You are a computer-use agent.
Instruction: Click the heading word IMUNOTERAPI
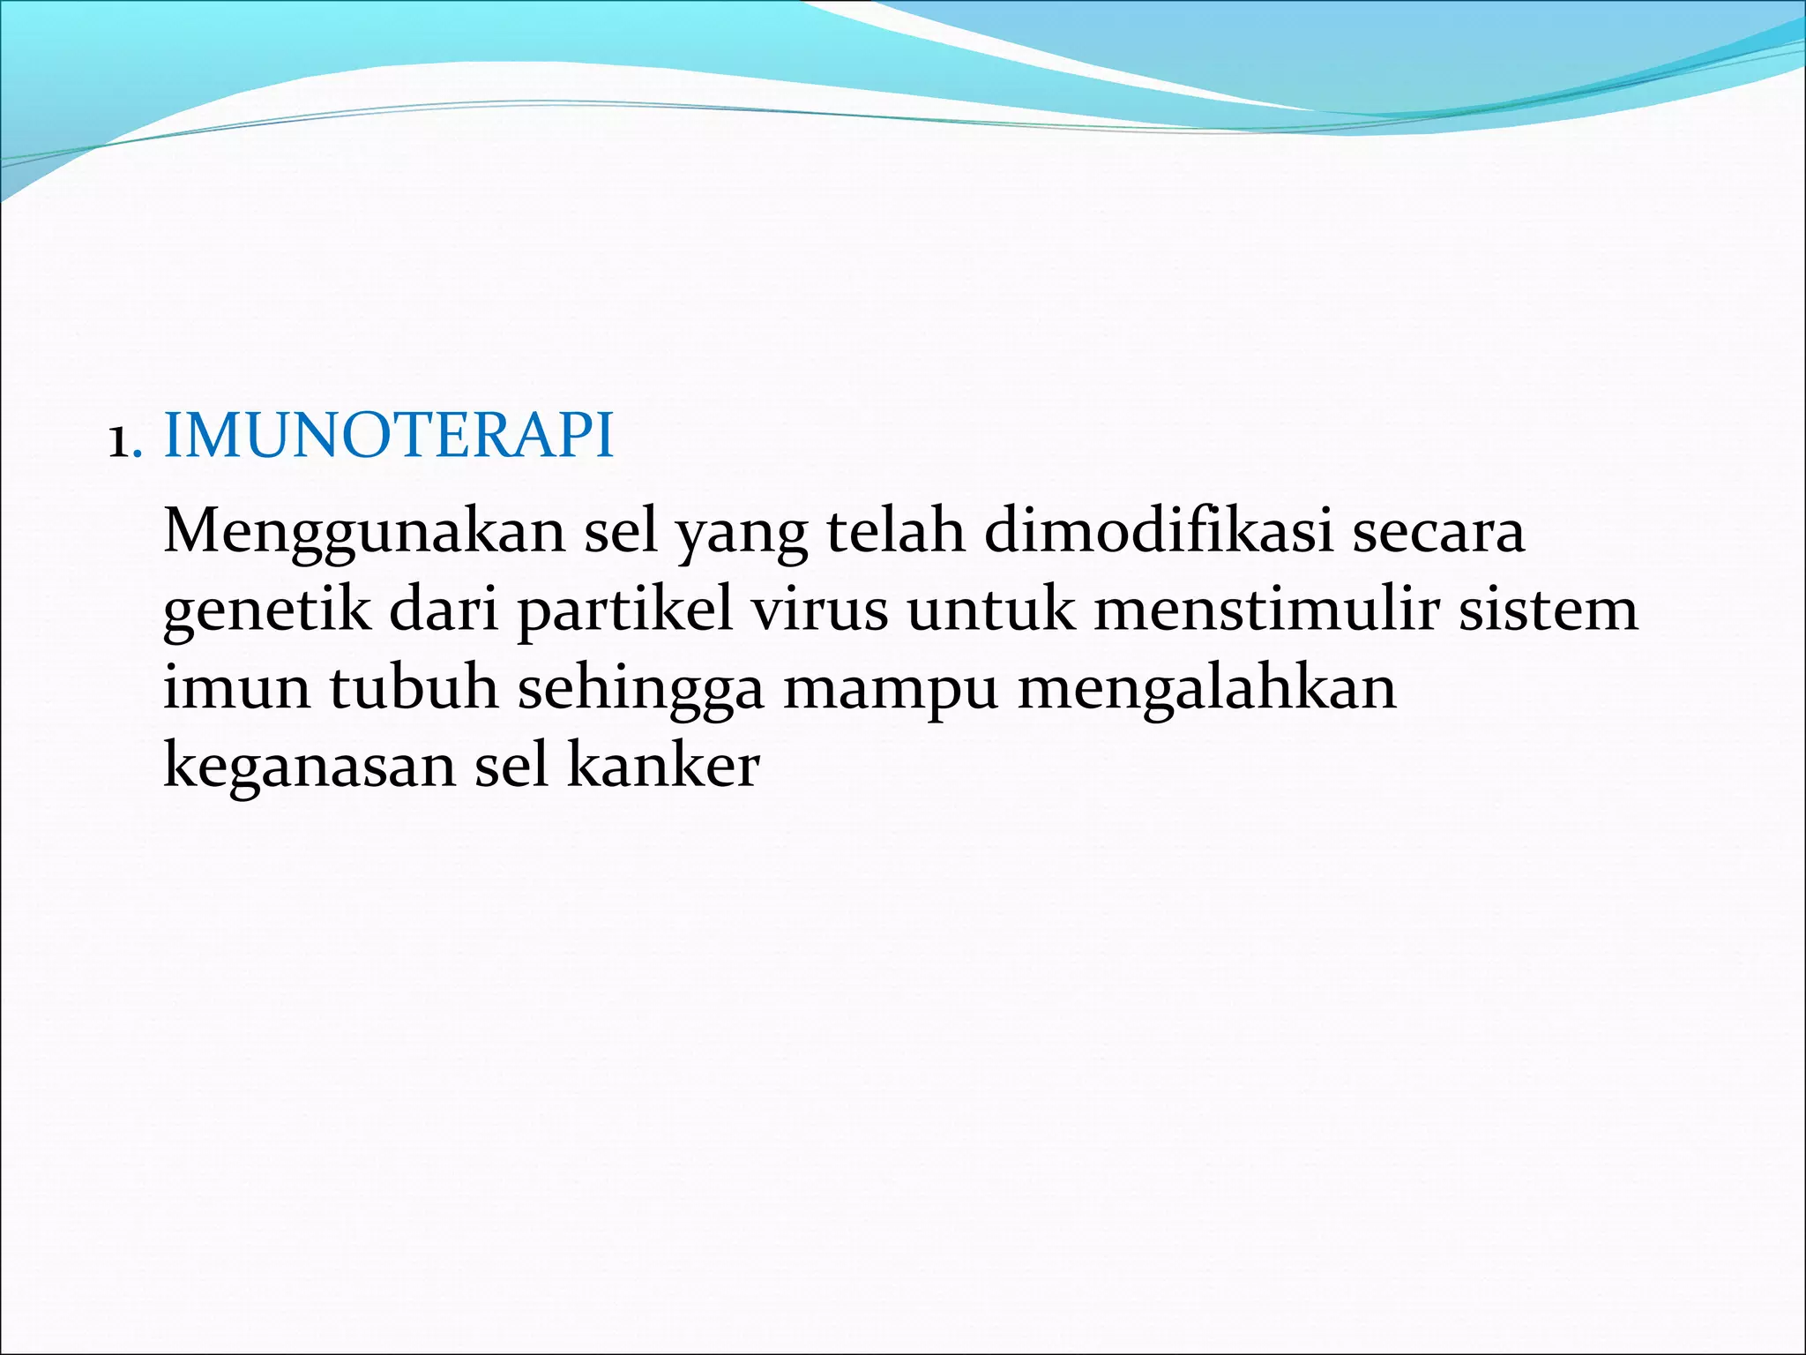tap(388, 436)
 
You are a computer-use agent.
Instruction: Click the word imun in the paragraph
tap(236, 688)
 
